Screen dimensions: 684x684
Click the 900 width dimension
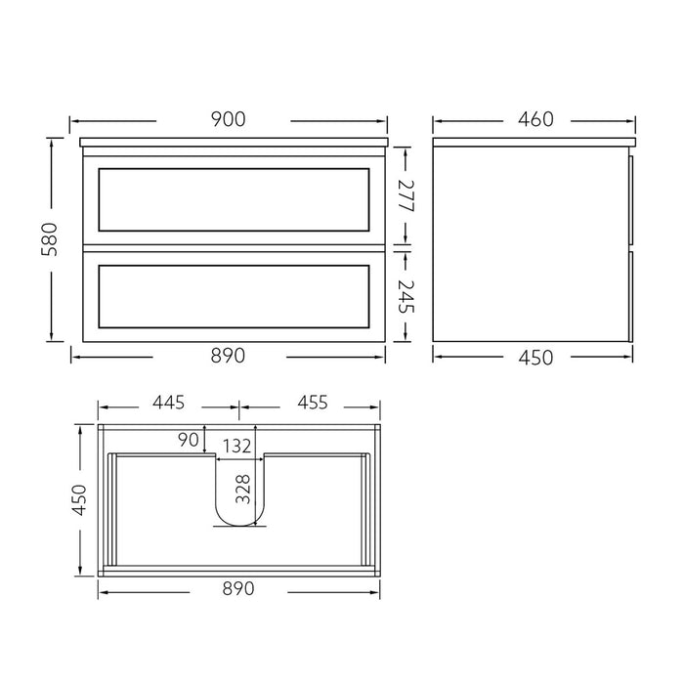pos(228,119)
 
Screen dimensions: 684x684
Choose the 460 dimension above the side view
pos(534,119)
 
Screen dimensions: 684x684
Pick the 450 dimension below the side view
pos(534,357)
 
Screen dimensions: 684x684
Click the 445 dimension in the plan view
pos(169,403)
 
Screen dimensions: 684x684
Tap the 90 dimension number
pos(189,439)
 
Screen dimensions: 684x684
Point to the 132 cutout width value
pos(234,448)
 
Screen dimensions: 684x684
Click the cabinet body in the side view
pos(533,244)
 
